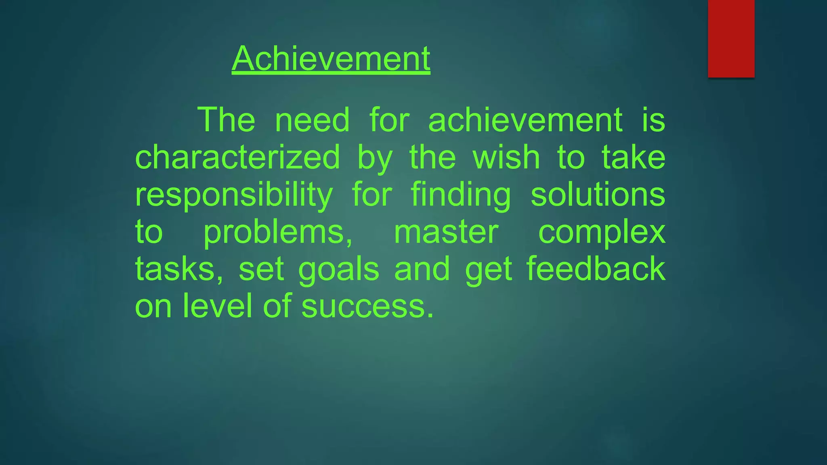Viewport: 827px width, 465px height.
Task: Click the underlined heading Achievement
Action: click(x=331, y=59)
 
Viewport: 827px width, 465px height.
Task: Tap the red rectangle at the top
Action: click(x=731, y=38)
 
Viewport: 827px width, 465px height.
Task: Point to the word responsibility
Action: click(x=234, y=195)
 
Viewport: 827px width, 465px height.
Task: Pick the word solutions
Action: click(x=598, y=195)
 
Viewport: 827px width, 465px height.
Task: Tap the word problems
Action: click(x=278, y=232)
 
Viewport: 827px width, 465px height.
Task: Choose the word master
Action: click(x=446, y=232)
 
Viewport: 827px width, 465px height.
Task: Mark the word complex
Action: click(x=602, y=233)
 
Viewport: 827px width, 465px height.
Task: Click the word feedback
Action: click(x=596, y=269)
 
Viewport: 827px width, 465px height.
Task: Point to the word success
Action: click(x=367, y=306)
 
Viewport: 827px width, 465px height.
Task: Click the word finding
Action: click(x=461, y=195)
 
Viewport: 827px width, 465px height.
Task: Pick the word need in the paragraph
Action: click(x=312, y=120)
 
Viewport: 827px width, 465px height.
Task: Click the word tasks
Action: click(x=178, y=270)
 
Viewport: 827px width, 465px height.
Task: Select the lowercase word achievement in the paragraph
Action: click(x=525, y=120)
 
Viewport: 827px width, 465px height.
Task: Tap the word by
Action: click(x=375, y=158)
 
